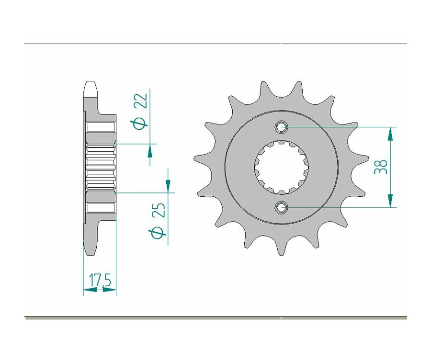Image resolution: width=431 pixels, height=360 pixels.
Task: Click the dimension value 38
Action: tap(381, 167)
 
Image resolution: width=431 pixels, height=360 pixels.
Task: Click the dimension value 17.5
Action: tap(100, 281)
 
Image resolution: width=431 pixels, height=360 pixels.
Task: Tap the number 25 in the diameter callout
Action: tap(159, 210)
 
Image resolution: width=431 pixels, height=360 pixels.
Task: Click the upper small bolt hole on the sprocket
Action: tap(281, 127)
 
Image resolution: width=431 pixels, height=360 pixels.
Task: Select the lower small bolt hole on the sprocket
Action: tap(281, 207)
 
